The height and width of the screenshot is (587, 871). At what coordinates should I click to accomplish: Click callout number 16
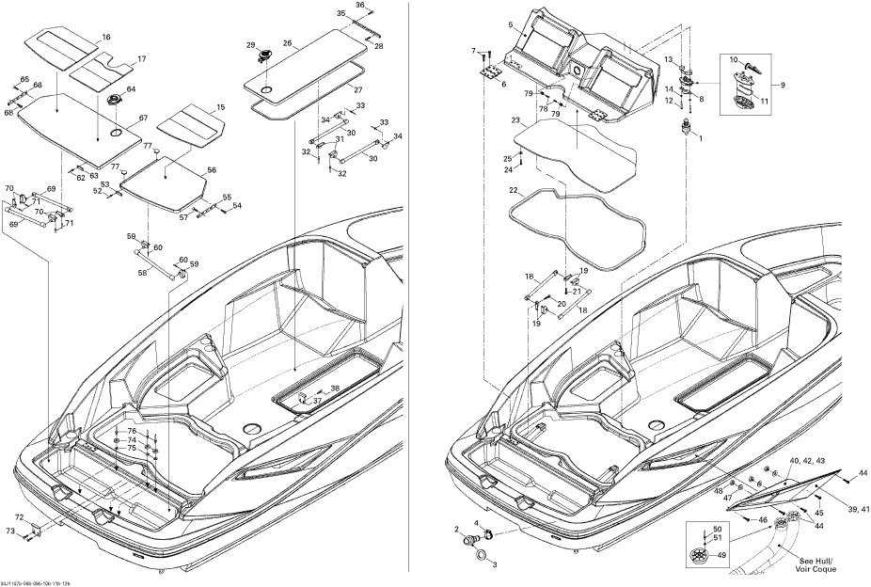coord(105,37)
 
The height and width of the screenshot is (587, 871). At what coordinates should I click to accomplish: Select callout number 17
coord(142,59)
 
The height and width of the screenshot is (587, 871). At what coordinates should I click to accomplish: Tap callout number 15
coord(220,108)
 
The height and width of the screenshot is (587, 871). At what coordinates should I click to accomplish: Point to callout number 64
coord(131,89)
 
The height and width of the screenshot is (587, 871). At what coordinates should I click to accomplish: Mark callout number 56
coord(212,170)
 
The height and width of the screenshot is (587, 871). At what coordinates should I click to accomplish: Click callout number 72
coord(19,517)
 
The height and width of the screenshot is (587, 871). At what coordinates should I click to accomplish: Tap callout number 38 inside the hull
coord(334,389)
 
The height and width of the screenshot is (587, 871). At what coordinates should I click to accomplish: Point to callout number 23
coord(515,120)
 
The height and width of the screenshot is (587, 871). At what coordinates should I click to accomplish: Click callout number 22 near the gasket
coord(514,190)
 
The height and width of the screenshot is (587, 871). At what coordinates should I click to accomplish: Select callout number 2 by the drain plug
coord(457,530)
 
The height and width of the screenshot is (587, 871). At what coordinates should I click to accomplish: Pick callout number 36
coord(359,6)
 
